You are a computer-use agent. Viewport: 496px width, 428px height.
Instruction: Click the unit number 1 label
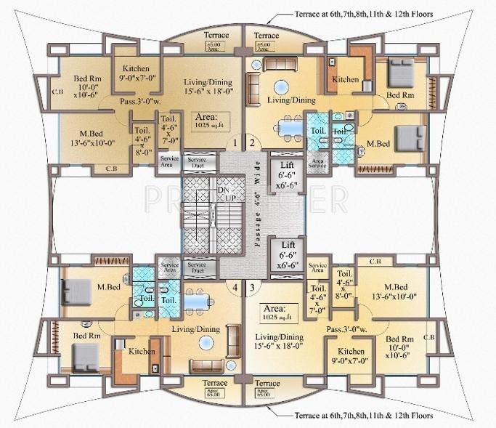click(x=235, y=143)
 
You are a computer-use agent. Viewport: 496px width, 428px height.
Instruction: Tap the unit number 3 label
click(x=251, y=288)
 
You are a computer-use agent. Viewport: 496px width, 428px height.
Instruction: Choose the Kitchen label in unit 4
click(x=142, y=352)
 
